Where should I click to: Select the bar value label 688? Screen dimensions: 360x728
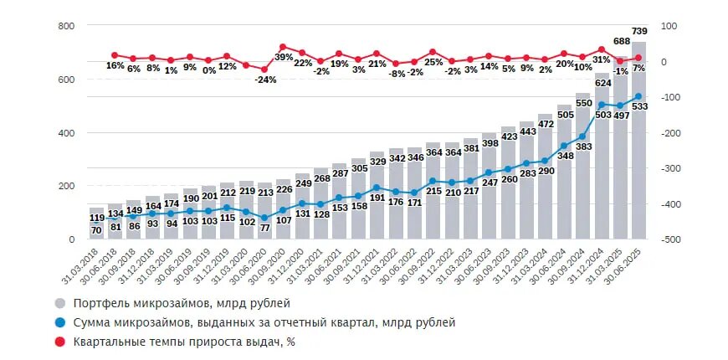point(620,41)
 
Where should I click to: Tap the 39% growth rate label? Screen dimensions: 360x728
point(284,57)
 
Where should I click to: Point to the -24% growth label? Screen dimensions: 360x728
point(265,80)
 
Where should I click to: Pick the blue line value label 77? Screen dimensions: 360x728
point(264,227)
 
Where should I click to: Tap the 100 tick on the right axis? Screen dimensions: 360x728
point(669,26)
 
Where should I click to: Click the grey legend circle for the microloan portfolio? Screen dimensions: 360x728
point(60,303)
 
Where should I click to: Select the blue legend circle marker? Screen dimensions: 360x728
point(60,322)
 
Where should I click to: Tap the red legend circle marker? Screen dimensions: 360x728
point(60,342)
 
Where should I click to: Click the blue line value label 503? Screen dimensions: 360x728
point(602,116)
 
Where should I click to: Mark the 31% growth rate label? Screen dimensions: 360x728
point(602,59)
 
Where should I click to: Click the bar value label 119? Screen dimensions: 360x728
point(96,218)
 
